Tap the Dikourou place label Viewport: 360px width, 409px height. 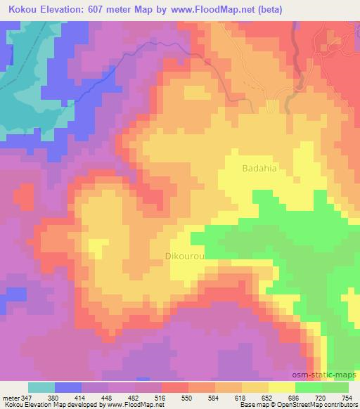pyautogui.click(x=185, y=257)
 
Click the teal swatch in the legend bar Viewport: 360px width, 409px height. pyautogui.click(x=41, y=388)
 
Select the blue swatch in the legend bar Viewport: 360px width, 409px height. pyautogui.click(x=68, y=388)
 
